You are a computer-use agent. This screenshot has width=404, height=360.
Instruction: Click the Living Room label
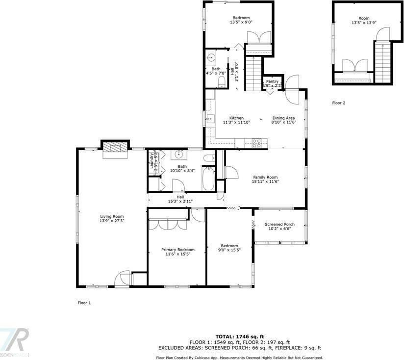click(x=112, y=216)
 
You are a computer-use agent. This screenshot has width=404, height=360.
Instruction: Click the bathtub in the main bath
click(x=209, y=179)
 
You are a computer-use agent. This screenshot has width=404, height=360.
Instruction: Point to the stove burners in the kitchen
click(x=256, y=143)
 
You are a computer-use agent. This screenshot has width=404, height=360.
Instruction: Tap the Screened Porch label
click(x=278, y=224)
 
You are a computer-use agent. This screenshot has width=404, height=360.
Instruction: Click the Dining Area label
click(x=283, y=118)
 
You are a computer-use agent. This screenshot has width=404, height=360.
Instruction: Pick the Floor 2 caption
click(x=339, y=103)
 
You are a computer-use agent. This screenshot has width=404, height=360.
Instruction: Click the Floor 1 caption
click(x=84, y=303)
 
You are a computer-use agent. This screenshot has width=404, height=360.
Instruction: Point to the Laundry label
click(x=151, y=160)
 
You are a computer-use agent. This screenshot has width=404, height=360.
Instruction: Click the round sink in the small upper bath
click(x=211, y=56)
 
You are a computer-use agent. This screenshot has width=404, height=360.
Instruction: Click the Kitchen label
click(x=237, y=118)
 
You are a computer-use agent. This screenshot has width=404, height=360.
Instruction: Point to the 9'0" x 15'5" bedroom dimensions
click(x=229, y=251)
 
